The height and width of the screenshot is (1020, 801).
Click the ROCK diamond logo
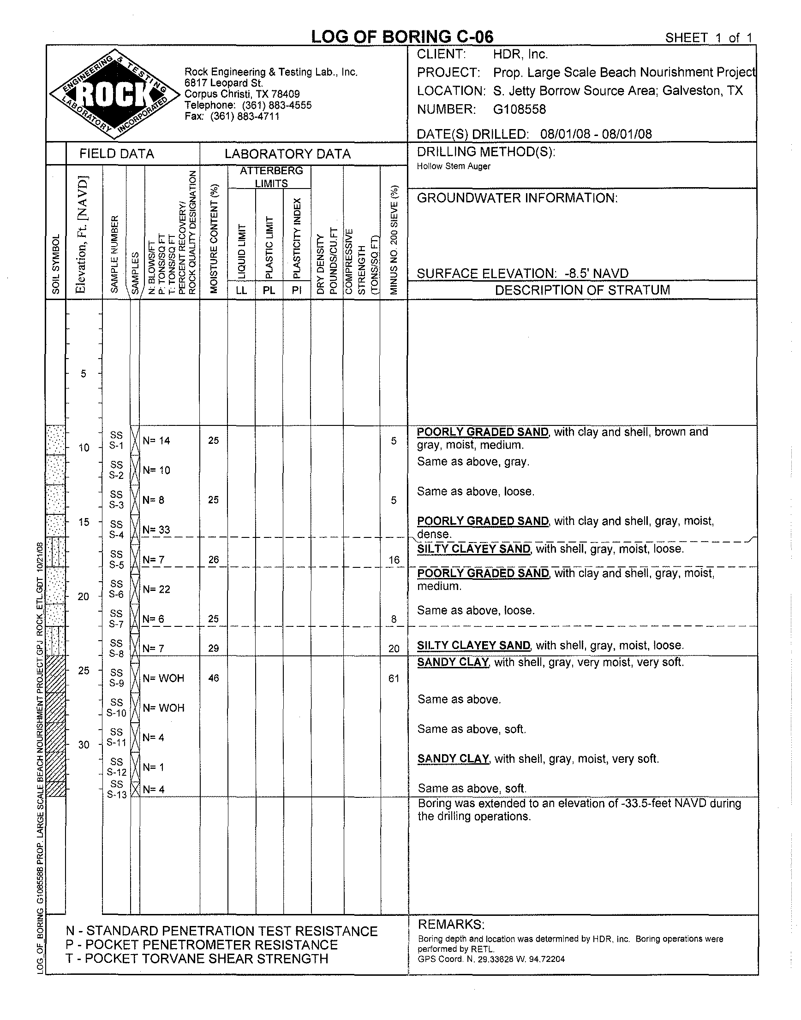pos(115,94)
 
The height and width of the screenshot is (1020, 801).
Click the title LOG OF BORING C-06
pos(402,37)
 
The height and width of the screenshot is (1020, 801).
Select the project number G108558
pos(519,109)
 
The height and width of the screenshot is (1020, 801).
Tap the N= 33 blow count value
pos(156,530)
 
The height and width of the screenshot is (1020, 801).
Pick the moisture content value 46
pos(213,678)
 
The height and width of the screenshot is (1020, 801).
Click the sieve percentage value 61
pos(394,678)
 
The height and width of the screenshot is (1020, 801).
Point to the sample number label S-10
pos(116,713)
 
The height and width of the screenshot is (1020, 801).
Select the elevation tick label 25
pos(84,671)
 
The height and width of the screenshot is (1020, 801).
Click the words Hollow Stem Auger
pos(454,166)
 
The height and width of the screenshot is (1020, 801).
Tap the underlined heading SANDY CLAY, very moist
pos(453,662)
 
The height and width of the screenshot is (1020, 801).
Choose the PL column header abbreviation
pos(269,290)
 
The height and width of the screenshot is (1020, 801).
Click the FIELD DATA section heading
pos(117,153)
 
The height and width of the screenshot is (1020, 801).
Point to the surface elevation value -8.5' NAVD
pos(596,273)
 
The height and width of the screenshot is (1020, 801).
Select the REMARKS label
pos(451,925)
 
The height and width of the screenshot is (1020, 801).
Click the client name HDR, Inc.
pos(520,54)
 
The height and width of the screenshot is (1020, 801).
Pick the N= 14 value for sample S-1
pos(156,441)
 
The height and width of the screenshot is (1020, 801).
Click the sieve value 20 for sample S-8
pos(394,649)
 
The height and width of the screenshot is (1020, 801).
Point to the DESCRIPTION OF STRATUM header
pos(582,290)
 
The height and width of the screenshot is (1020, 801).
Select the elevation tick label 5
pos(84,373)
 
